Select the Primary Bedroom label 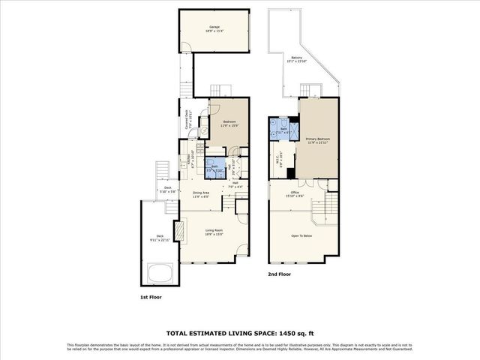(x=319, y=139)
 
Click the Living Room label (x=214, y=230)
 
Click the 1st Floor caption (x=151, y=297)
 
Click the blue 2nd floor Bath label (x=284, y=129)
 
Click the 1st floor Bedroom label (x=229, y=122)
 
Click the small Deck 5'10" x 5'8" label (x=168, y=189)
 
